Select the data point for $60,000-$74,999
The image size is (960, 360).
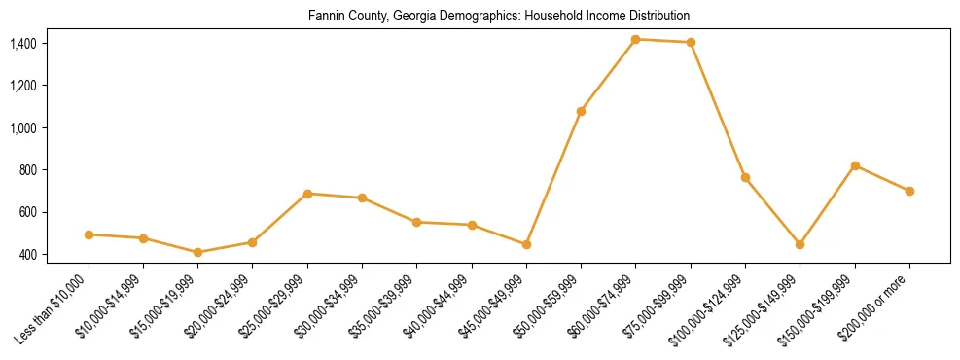635,39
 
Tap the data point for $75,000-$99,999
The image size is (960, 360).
691,42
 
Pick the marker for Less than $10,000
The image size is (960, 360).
89,234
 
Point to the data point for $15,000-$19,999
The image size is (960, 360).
197,252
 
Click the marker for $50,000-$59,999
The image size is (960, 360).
581,111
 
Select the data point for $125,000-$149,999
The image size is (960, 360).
800,244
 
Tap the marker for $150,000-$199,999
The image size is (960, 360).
855,165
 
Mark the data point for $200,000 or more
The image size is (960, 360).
909,191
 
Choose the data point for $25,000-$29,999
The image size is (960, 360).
307,194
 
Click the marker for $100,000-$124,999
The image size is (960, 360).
745,177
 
